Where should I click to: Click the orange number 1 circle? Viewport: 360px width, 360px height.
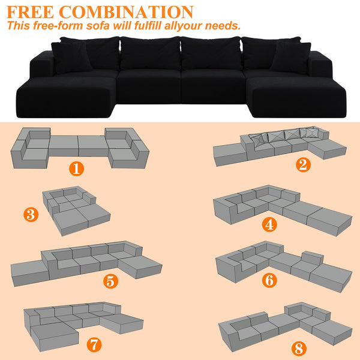pyautogui.click(x=76, y=168)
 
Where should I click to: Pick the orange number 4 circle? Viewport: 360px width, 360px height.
pyautogui.click(x=269, y=225)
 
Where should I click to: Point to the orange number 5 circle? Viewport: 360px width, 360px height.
pyautogui.click(x=110, y=280)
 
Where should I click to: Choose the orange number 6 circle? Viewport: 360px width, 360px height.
pyautogui.click(x=269, y=280)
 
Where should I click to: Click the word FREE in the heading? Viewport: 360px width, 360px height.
pyautogui.click(x=31, y=11)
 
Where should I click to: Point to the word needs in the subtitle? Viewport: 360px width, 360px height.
pyautogui.click(x=222, y=26)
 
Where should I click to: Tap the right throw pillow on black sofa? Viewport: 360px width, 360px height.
pyautogui.click(x=290, y=57)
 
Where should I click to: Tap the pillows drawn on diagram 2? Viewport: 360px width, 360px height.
pyautogui.click(x=282, y=136)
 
